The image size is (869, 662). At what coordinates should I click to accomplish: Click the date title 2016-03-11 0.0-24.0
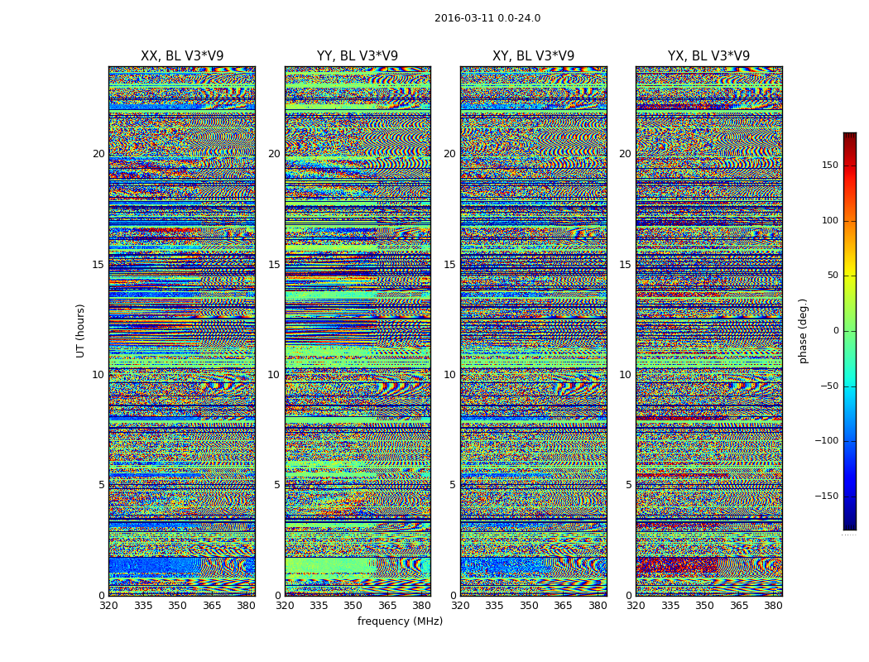click(x=487, y=18)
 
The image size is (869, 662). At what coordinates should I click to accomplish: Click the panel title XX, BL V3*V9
click(x=182, y=56)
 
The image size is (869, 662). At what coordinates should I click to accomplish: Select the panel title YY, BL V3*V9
click(x=358, y=56)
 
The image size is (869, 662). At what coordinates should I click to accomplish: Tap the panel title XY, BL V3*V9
click(x=533, y=56)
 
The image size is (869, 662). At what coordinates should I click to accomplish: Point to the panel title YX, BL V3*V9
click(x=708, y=56)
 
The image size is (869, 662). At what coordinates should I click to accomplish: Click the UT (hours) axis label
click(x=80, y=330)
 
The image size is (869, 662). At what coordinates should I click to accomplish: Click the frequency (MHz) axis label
click(x=400, y=621)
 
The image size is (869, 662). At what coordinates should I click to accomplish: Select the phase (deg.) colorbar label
click(x=803, y=330)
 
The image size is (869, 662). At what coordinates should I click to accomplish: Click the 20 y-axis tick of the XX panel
click(x=98, y=154)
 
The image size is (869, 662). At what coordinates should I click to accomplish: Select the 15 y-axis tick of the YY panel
click(x=274, y=265)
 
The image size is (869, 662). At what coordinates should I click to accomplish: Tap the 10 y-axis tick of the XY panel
click(x=449, y=375)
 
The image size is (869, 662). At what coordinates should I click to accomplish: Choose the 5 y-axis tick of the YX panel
click(x=628, y=485)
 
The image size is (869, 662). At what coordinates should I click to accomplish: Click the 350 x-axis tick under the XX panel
click(x=177, y=606)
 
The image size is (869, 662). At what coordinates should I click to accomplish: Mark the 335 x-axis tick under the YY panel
click(x=319, y=606)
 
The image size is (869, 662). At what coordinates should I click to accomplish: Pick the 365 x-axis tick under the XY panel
click(x=563, y=606)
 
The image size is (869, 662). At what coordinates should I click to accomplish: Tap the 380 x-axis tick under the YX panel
click(x=773, y=606)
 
